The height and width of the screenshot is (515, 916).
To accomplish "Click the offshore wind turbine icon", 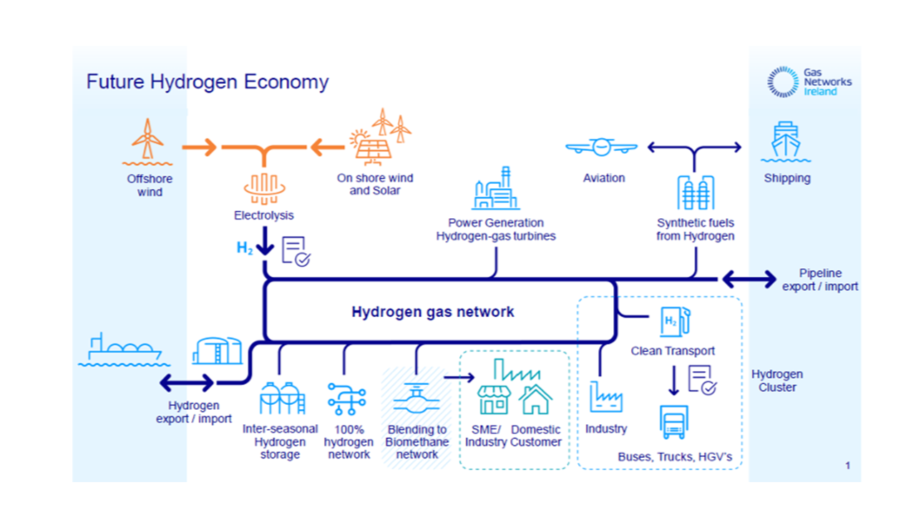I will (147, 140).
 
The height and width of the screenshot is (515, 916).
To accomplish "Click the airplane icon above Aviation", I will (601, 148).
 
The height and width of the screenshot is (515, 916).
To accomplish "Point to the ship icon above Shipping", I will (786, 143).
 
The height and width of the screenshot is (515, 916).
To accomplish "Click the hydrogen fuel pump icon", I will (676, 323).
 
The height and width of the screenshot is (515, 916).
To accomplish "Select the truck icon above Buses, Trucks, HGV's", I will (673, 422).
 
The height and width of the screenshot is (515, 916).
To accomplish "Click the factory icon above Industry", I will (605, 397).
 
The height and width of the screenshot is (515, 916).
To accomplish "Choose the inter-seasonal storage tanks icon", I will (281, 398).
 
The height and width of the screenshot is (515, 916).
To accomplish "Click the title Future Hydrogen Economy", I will (208, 82).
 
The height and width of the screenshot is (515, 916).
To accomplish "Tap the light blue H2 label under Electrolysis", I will (245, 249).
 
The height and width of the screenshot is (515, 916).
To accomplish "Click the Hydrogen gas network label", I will (432, 312).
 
